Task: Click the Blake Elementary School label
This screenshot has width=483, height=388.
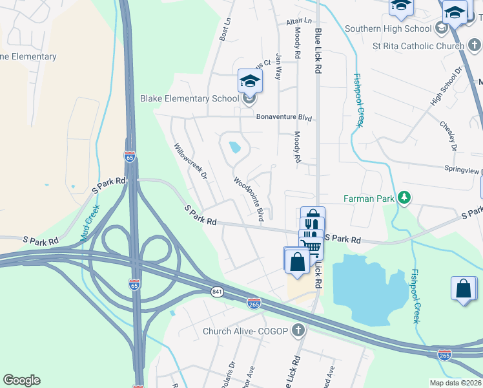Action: (x=189, y=99)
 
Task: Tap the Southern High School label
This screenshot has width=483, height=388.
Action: (x=387, y=28)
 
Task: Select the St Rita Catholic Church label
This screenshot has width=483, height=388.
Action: (x=418, y=46)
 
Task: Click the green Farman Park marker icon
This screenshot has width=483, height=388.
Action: (x=404, y=197)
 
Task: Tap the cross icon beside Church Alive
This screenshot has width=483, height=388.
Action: (x=298, y=331)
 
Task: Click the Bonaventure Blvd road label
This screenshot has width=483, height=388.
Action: (x=284, y=118)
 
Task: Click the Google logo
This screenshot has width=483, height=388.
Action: (x=21, y=380)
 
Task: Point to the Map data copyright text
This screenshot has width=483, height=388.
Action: (x=455, y=383)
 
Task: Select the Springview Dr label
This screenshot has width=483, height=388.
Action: (x=463, y=170)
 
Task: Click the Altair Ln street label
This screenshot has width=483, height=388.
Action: (x=298, y=21)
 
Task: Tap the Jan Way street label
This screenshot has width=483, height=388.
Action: (x=279, y=67)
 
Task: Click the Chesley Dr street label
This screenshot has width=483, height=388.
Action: (x=448, y=136)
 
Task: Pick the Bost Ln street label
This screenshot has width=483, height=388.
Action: (x=225, y=29)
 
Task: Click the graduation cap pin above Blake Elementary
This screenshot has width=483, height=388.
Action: (x=250, y=81)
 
